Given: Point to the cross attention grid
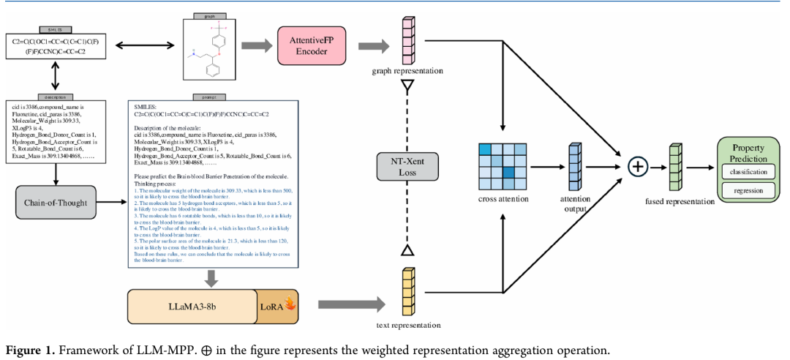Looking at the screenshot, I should [502, 166].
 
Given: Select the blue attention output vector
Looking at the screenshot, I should [573, 167].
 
